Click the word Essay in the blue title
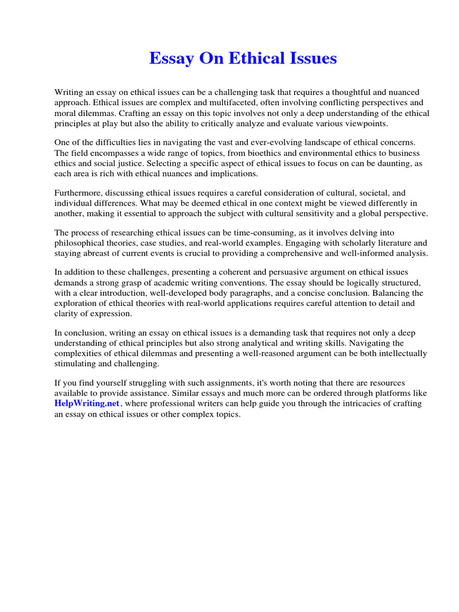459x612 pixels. pyautogui.click(x=169, y=59)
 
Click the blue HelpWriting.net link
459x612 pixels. pyautogui.click(x=87, y=404)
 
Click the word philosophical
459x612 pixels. pyautogui.click(x=83, y=243)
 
